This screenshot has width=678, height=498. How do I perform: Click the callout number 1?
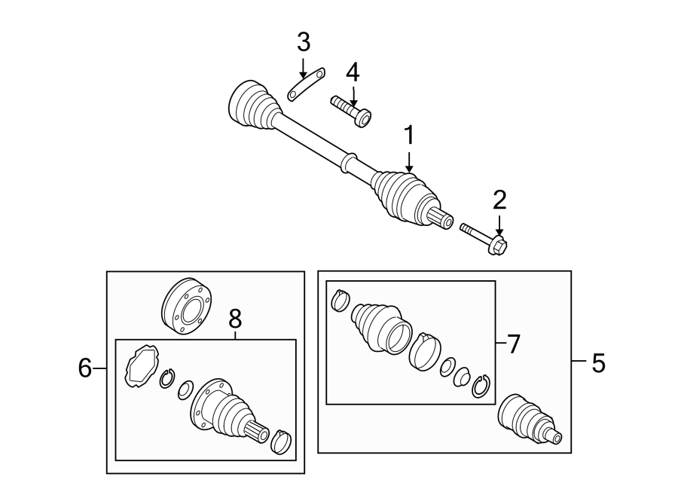pos(409,136)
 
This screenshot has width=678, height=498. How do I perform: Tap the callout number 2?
pos(499,200)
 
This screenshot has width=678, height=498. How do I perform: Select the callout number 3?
pos(303,42)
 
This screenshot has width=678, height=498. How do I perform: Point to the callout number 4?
pos(353,73)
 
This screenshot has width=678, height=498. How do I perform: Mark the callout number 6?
pos(85,368)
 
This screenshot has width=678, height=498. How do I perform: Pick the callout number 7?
pos(513,344)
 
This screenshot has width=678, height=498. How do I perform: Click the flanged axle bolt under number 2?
pos(486,237)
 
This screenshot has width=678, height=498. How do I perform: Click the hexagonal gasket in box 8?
pos(141,366)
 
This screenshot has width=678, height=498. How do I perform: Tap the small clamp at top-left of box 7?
pos(341,300)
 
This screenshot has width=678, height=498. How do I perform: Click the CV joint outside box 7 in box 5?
pos(527,419)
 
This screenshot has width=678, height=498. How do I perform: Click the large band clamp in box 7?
pos(426,351)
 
